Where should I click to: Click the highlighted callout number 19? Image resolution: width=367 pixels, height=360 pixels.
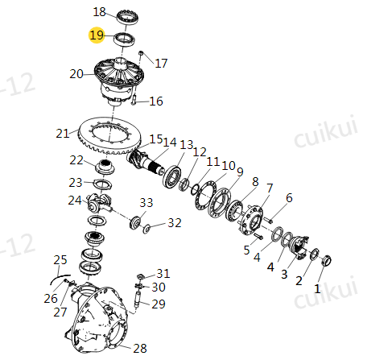[x=97, y=35]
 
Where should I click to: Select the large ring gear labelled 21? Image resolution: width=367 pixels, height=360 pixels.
[x=109, y=136]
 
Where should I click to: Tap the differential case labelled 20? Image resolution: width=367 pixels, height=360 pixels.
[x=119, y=81]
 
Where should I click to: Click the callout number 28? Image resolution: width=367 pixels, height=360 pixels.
[x=140, y=348]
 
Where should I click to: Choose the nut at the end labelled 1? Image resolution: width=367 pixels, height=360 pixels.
[x=327, y=261]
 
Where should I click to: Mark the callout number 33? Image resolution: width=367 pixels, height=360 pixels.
[x=146, y=203]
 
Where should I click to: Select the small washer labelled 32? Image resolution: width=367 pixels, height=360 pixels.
[x=146, y=229]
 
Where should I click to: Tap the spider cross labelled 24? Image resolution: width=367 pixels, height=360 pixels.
[x=98, y=203]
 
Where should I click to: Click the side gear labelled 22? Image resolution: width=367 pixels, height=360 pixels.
[x=105, y=167]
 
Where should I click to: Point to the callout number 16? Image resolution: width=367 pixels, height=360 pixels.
[x=156, y=101]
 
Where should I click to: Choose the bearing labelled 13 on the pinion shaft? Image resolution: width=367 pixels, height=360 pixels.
[x=171, y=176]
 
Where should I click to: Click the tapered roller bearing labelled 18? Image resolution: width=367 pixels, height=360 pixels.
[x=128, y=18]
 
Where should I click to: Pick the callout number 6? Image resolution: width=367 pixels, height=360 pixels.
[x=289, y=198]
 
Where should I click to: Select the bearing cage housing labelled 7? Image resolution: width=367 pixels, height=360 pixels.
[x=251, y=219]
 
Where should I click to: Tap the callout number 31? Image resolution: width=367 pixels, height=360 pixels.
[x=163, y=274]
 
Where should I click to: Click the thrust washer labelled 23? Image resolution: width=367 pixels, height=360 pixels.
[x=102, y=184]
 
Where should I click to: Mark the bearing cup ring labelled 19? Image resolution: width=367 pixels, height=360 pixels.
[x=125, y=39]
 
